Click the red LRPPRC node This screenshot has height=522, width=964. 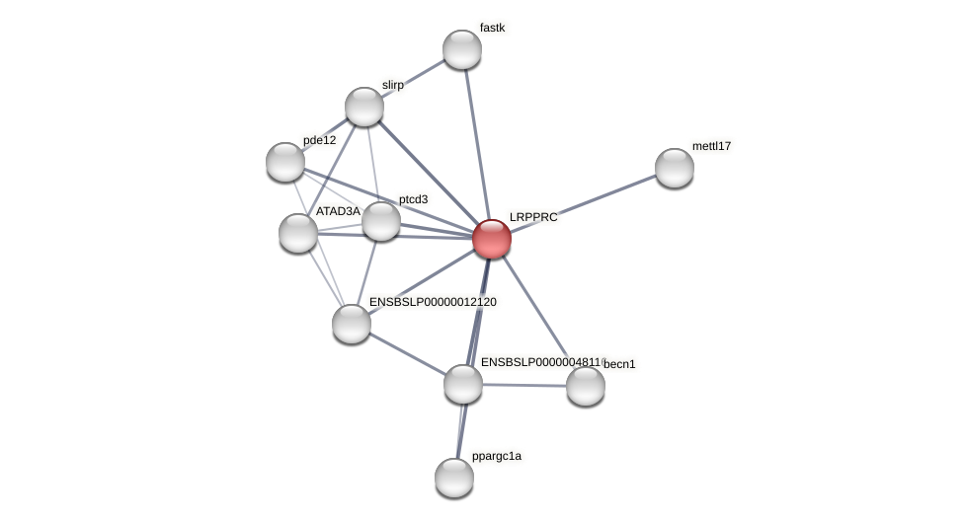tap(491, 239)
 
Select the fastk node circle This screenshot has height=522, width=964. tap(461, 49)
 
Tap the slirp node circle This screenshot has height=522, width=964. tap(364, 107)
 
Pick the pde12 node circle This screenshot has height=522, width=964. tap(285, 162)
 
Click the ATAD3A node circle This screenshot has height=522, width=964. tap(298, 233)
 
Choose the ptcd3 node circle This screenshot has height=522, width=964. tap(381, 221)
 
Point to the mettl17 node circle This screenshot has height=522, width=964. tap(675, 168)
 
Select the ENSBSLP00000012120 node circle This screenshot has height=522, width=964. tap(352, 324)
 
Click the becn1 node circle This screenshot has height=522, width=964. tap(586, 386)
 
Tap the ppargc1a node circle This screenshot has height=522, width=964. tap(454, 478)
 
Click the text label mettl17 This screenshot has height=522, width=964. tap(711, 146)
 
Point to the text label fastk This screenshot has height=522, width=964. tap(492, 28)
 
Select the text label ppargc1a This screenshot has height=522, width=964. tap(496, 456)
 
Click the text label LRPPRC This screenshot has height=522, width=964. tap(533, 217)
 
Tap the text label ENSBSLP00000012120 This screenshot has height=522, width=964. tap(433, 302)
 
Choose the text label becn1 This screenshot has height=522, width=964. tap(619, 364)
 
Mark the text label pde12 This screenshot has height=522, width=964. tap(319, 140)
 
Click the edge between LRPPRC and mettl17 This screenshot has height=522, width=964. tap(583, 203)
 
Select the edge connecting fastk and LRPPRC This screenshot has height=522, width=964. tap(476, 144)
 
